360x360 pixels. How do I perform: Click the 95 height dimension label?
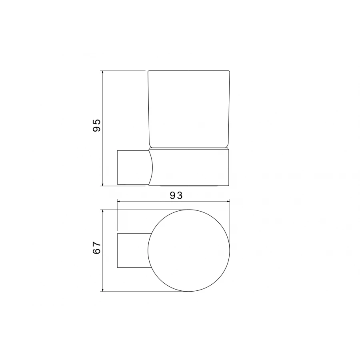point(97,125)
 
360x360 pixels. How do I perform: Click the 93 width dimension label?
point(176,195)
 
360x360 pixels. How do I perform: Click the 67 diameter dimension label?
point(97,248)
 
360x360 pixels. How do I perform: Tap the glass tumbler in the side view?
point(189,109)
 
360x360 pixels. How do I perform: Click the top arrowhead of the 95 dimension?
point(103,72)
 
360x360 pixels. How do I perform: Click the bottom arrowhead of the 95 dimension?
point(103,184)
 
